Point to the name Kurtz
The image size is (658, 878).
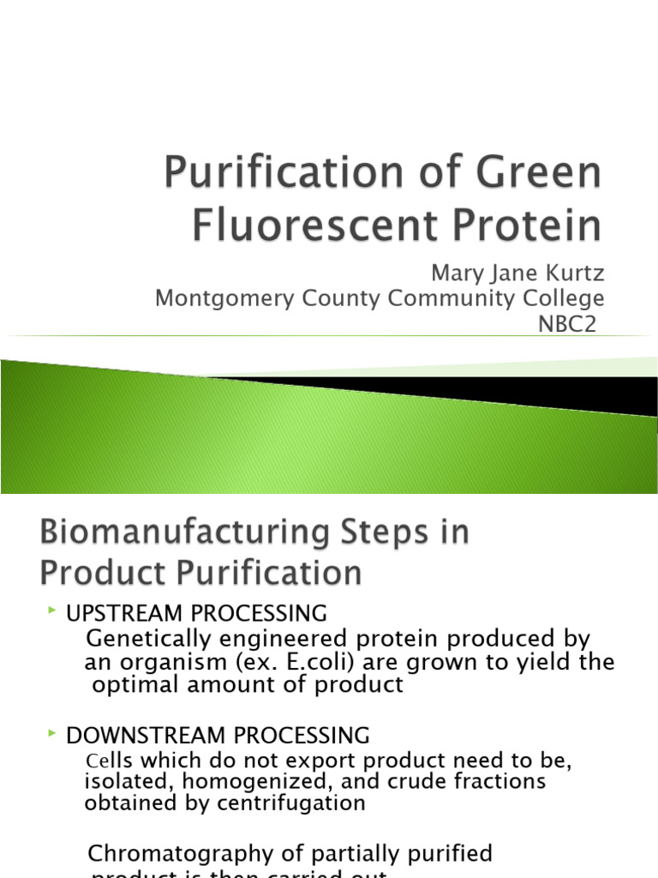[x=572, y=274]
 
